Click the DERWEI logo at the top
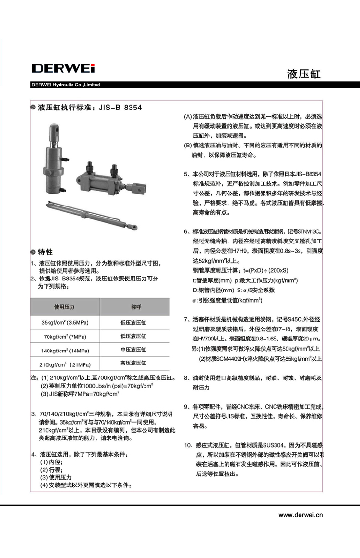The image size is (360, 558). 63,68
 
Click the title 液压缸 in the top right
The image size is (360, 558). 303,74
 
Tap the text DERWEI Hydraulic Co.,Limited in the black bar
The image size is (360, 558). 66,85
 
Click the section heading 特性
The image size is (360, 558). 46,252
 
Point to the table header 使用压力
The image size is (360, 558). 64,306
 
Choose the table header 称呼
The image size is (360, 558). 134,306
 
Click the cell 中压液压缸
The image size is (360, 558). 133,350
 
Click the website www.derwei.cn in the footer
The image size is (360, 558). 300,515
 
